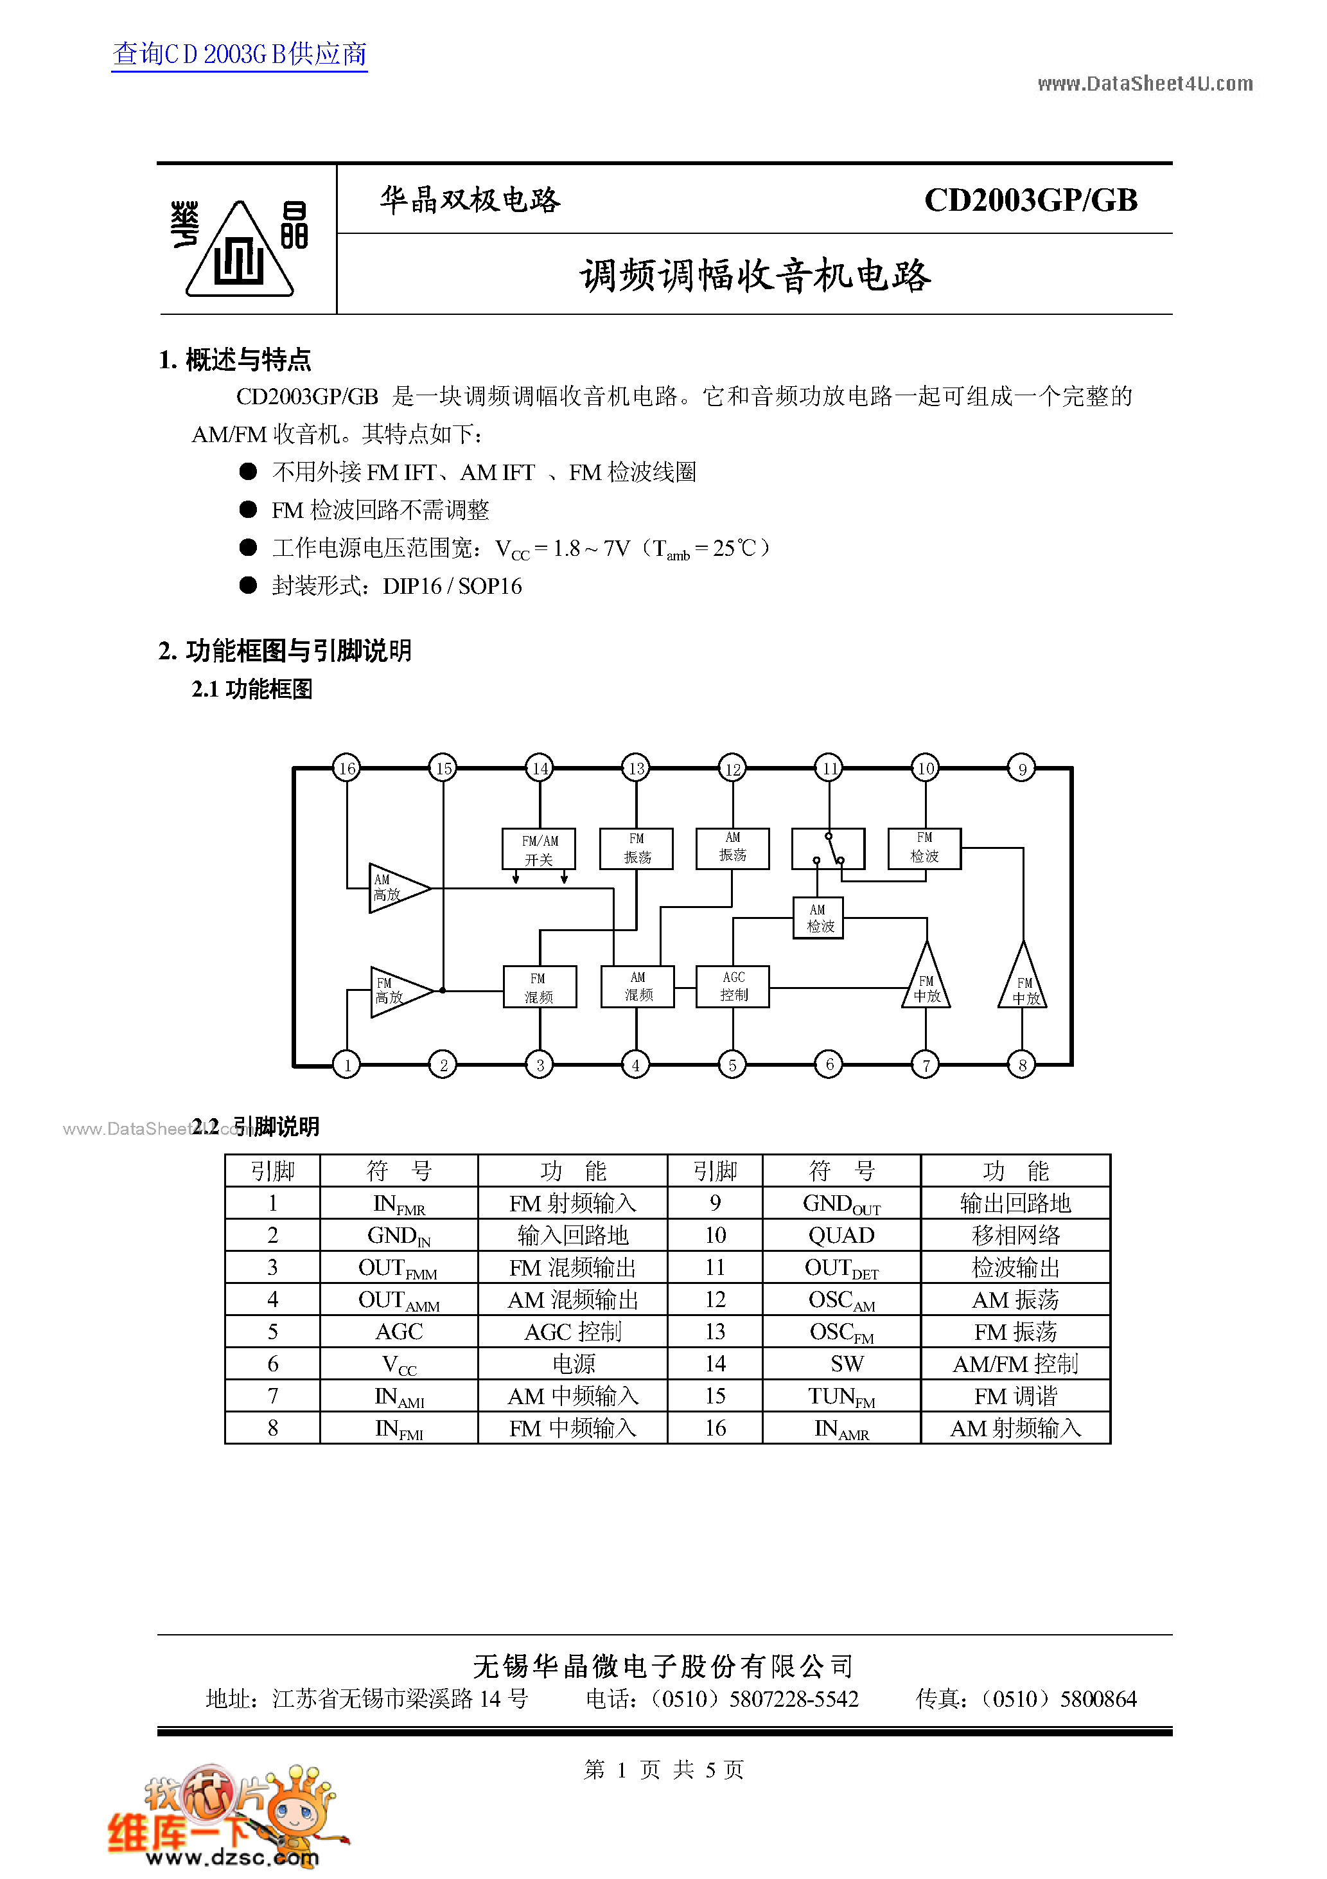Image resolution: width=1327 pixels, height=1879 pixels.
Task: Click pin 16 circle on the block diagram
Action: click(347, 769)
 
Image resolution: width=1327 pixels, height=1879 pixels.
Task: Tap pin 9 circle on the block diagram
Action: click(1022, 769)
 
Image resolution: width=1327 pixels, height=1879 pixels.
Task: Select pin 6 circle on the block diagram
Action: click(829, 1064)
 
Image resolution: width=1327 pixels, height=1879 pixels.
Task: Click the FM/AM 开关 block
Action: click(539, 850)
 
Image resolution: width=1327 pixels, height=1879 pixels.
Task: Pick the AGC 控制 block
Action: click(733, 986)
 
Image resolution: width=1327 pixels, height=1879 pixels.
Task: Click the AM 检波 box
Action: click(818, 918)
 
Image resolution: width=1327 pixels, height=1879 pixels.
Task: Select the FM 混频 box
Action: click(539, 987)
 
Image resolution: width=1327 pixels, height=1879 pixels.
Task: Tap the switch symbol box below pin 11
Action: click(828, 849)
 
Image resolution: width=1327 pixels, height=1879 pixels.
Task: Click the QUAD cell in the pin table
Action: click(841, 1235)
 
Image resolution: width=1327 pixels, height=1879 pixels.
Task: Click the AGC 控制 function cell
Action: click(573, 1331)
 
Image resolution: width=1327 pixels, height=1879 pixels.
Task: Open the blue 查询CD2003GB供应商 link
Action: click(240, 54)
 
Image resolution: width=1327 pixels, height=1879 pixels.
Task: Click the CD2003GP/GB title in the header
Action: click(1030, 200)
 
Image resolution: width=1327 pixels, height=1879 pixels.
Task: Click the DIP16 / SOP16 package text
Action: click(452, 586)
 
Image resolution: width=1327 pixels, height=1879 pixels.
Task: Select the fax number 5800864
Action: click(1098, 1700)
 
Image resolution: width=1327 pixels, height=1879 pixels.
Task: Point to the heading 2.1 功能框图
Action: click(252, 689)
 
